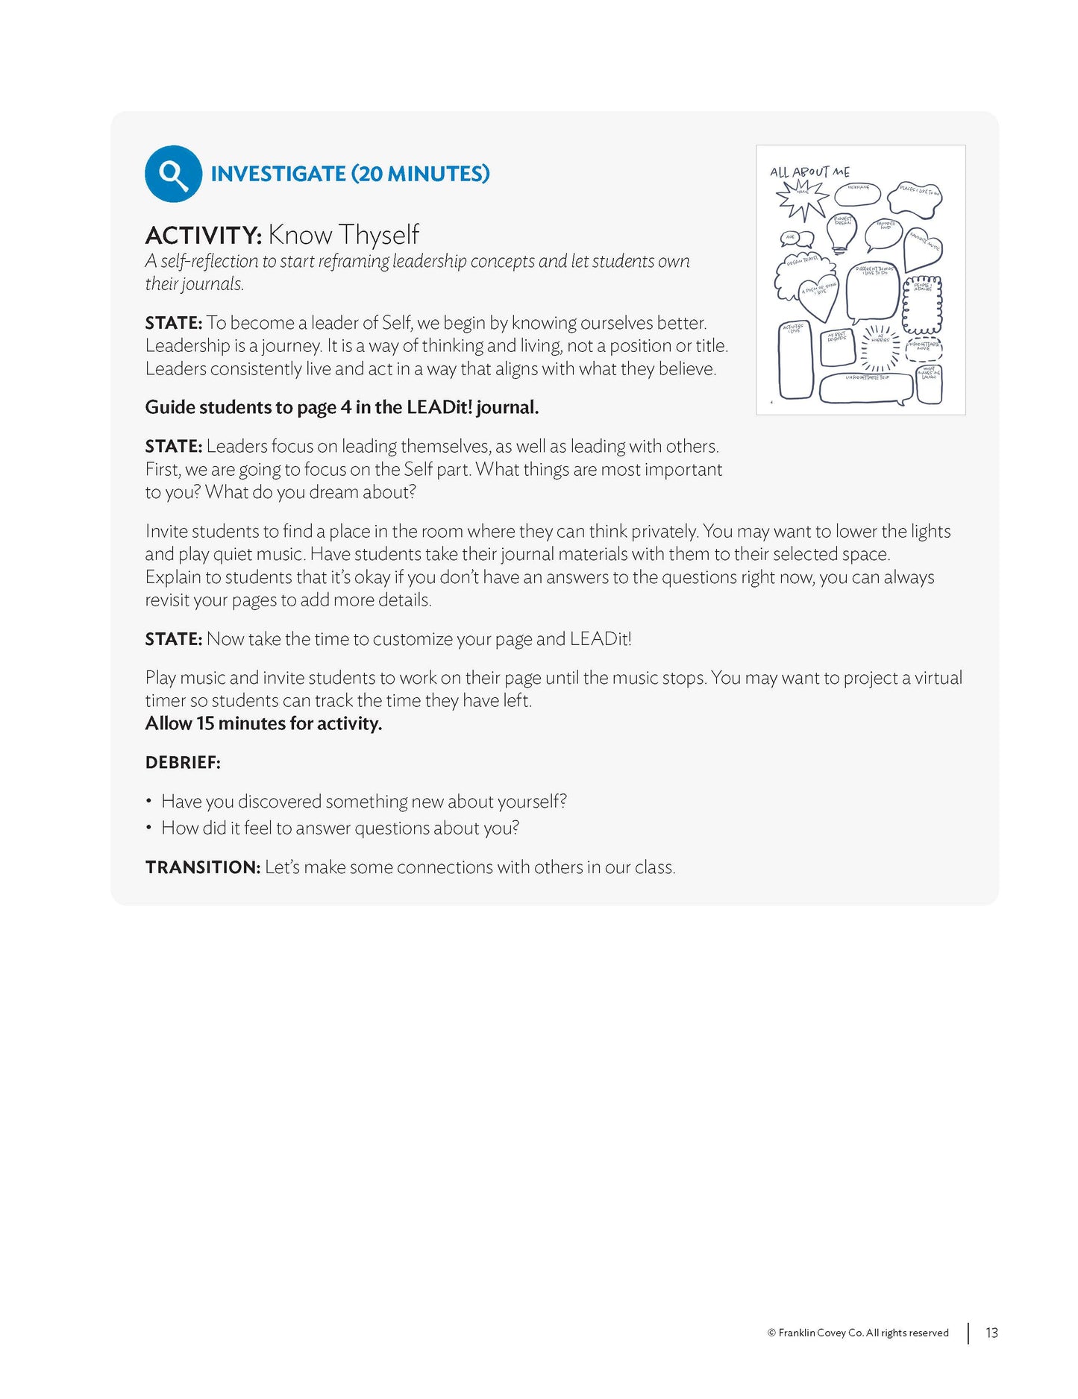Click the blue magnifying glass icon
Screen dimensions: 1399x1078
(x=173, y=174)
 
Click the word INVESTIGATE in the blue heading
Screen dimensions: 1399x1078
(x=278, y=174)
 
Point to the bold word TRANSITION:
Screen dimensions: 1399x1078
(x=202, y=867)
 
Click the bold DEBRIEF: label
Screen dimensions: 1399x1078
(x=183, y=762)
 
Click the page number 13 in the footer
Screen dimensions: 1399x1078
(x=991, y=1333)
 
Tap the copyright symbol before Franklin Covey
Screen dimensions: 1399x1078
(x=771, y=1333)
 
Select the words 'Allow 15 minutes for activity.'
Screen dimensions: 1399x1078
(x=263, y=723)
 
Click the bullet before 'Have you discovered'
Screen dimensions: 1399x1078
(x=149, y=802)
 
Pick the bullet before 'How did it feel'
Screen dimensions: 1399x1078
(x=149, y=828)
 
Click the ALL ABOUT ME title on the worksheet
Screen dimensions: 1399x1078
(x=809, y=172)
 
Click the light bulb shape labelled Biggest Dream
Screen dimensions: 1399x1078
(x=842, y=232)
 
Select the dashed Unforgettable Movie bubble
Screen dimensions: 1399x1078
(x=924, y=348)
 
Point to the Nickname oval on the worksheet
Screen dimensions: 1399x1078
(x=857, y=195)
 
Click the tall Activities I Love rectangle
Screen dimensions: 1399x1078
(x=795, y=361)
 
